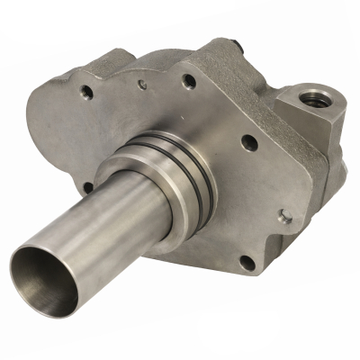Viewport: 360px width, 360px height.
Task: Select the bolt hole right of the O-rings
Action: [x=250, y=142]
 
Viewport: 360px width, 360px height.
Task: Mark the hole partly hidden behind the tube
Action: [x=87, y=187]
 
